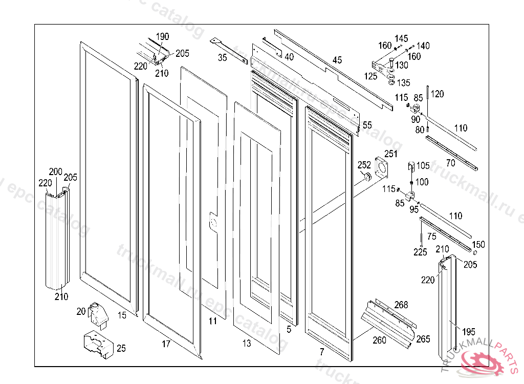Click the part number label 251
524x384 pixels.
391,154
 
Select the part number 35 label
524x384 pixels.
223,58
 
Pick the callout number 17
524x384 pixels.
166,344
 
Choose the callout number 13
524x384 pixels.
247,344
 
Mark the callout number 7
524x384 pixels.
321,352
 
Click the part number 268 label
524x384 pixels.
401,305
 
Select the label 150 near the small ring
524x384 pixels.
478,244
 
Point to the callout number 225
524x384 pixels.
421,251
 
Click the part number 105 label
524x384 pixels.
423,165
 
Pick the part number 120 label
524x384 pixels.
437,94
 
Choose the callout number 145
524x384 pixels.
402,38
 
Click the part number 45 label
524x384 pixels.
337,60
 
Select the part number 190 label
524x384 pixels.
162,36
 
